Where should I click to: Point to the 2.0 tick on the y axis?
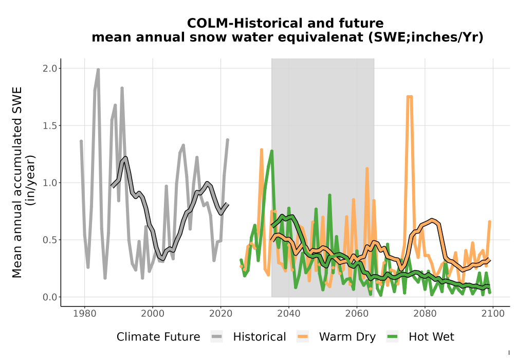point(50,68)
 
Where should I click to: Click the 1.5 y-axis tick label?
point(50,125)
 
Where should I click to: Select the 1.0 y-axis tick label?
point(50,183)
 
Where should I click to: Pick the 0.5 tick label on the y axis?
point(50,240)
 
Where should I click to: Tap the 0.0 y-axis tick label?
point(50,297)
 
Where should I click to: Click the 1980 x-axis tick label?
point(85,313)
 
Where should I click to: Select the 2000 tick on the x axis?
point(153,313)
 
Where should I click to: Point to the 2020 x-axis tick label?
point(221,313)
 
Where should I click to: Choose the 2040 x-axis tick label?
point(288,313)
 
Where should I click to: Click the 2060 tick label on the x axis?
point(357,313)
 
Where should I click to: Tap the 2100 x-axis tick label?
point(493,313)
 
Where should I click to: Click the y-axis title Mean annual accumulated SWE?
point(17,182)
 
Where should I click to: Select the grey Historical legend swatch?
point(217,337)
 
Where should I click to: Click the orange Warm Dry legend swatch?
point(303,337)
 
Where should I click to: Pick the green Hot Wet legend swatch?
point(392,337)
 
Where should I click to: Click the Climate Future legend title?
point(158,337)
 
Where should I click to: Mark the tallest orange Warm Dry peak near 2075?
point(410,97)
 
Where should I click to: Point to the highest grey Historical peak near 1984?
point(98,69)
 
